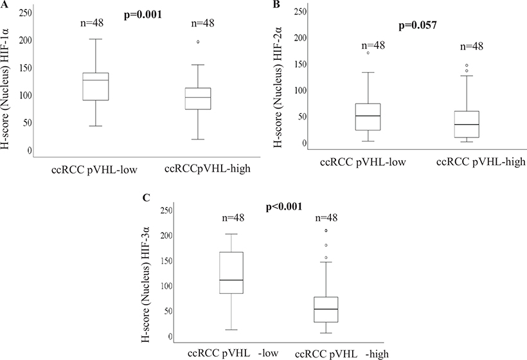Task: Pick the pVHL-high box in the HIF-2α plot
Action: [466, 124]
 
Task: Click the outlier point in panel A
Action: [198, 42]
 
